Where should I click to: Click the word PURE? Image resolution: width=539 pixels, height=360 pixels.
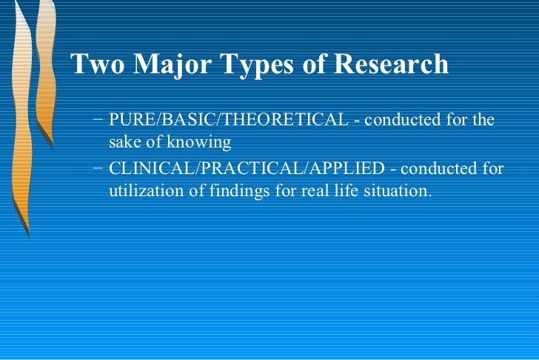tap(127, 120)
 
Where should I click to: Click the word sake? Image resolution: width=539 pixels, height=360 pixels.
tap(124, 141)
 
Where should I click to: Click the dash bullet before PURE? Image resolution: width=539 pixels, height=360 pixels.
tap(99, 120)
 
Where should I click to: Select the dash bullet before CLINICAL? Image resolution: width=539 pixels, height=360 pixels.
tap(99, 169)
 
